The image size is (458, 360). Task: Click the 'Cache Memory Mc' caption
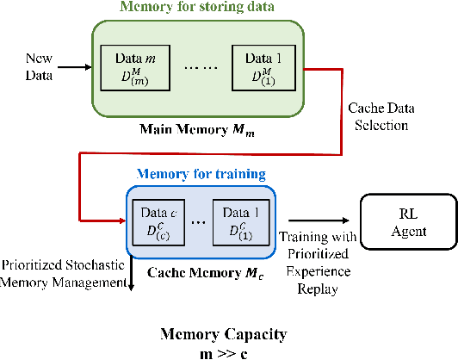201,273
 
